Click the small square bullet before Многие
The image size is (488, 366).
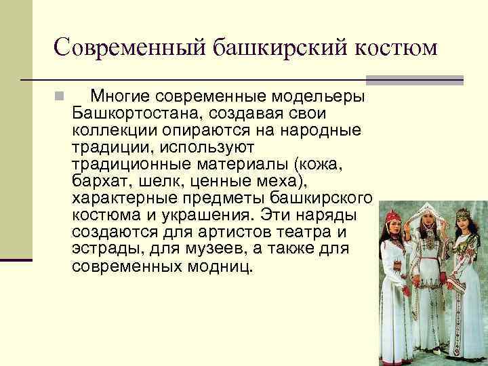[x=60, y=95]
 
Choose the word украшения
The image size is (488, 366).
[x=203, y=215]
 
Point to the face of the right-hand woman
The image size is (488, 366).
[x=463, y=221]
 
